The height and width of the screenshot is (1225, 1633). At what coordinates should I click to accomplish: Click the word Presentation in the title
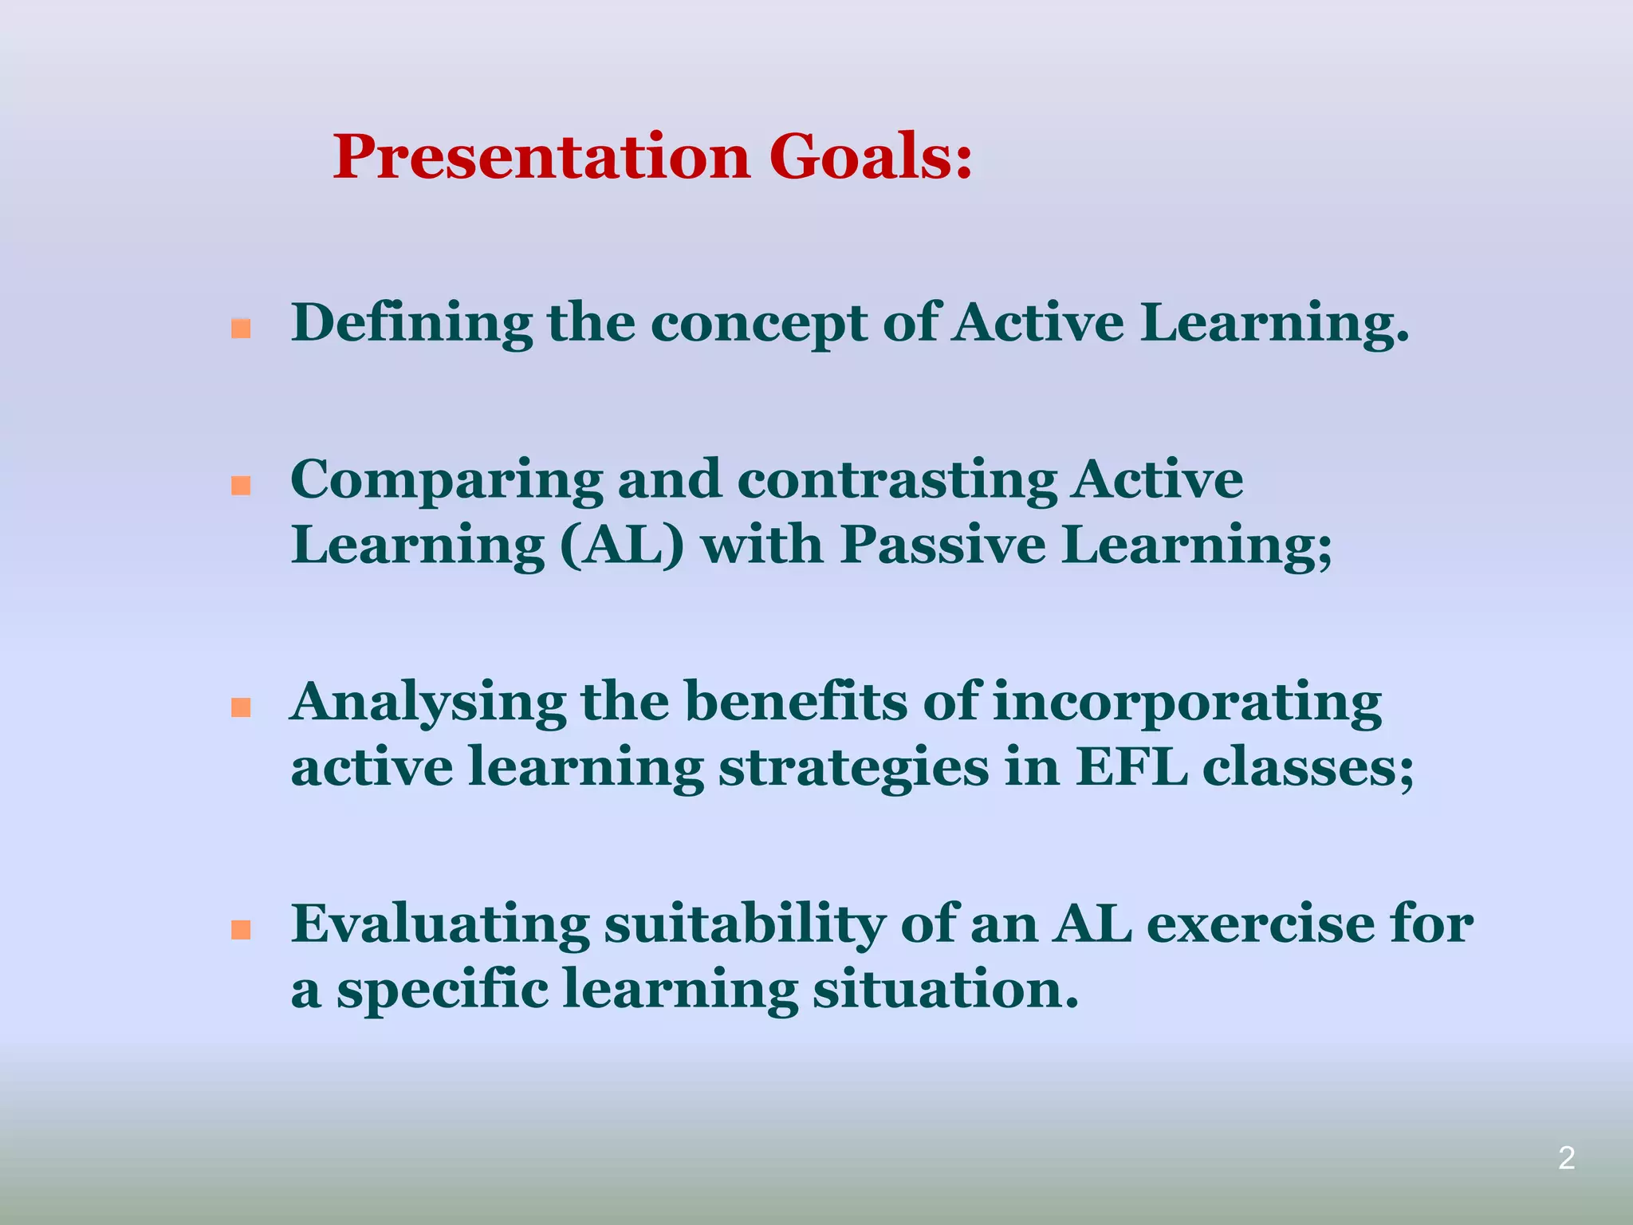point(541,157)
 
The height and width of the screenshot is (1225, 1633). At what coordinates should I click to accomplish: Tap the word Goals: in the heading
point(870,157)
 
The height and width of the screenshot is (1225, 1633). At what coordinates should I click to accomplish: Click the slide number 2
point(1566,1158)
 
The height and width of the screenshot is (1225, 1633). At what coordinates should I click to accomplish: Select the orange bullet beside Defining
point(241,329)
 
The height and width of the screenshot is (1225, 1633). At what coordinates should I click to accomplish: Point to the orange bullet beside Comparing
point(241,486)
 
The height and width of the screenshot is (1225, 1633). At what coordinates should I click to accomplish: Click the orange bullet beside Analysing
point(241,707)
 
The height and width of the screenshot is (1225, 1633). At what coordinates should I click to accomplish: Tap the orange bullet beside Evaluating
point(241,929)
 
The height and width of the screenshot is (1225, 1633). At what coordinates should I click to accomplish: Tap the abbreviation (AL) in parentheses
point(623,547)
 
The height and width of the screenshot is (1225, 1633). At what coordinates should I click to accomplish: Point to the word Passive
point(942,547)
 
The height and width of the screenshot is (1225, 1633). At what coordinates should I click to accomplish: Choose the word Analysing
point(428,704)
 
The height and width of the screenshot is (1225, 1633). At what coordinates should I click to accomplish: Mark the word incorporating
point(1187,704)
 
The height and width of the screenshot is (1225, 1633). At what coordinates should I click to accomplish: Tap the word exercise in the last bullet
point(1260,926)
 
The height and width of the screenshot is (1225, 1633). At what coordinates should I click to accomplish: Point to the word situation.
point(945,991)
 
